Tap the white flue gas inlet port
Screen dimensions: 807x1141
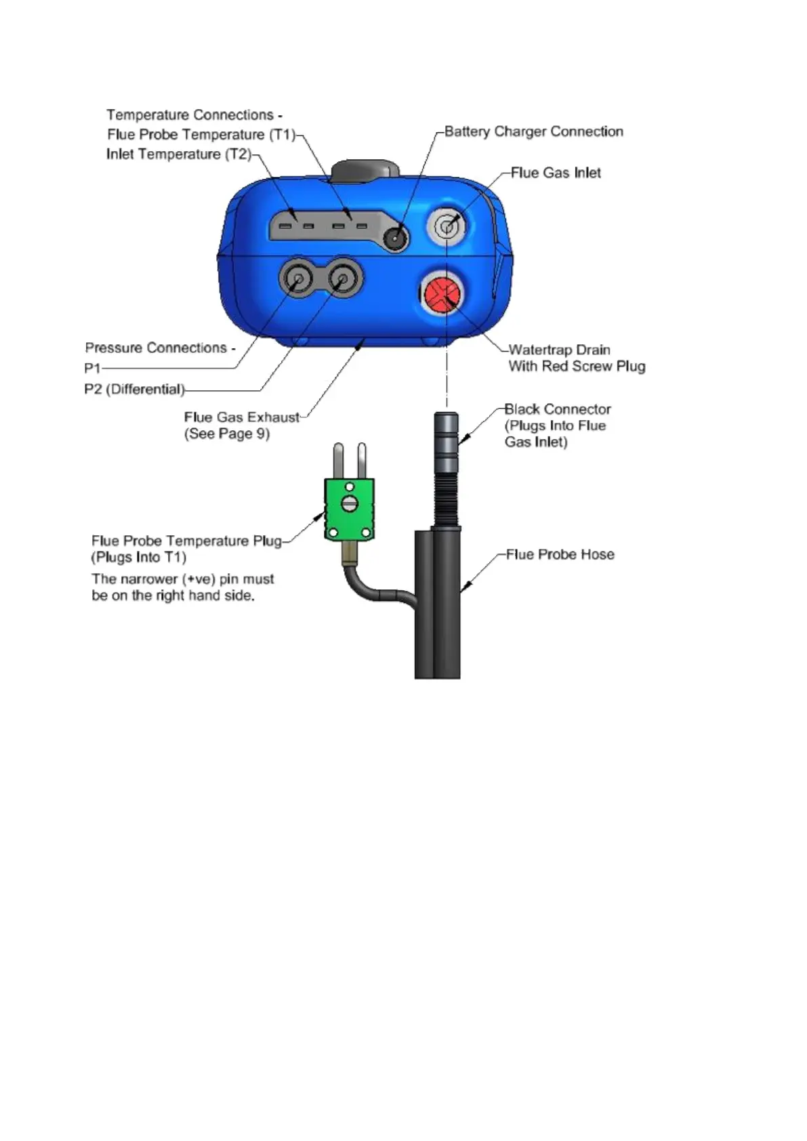pyautogui.click(x=447, y=225)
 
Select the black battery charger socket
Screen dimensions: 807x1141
pyautogui.click(x=396, y=238)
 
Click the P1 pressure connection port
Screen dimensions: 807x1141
pyautogui.click(x=296, y=278)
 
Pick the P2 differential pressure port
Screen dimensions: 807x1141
pyautogui.click(x=343, y=278)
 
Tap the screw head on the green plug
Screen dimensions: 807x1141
pyautogui.click(x=350, y=504)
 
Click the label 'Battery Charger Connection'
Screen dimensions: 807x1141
pyautogui.click(x=533, y=131)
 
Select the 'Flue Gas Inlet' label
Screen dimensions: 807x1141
pyautogui.click(x=556, y=173)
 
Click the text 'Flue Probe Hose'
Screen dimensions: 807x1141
pyautogui.click(x=560, y=554)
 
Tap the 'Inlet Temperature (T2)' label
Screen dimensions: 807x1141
pyautogui.click(x=178, y=154)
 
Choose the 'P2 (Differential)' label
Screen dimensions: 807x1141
pyautogui.click(x=134, y=389)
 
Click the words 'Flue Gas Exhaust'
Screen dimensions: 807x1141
pyautogui.click(x=241, y=417)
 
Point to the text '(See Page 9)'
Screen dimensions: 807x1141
pyautogui.click(x=226, y=434)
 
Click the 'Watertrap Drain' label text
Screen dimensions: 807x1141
pyautogui.click(x=559, y=350)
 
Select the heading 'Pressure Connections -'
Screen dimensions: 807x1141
pyautogui.click(x=160, y=348)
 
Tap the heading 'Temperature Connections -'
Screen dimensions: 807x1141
pyautogui.click(x=194, y=115)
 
